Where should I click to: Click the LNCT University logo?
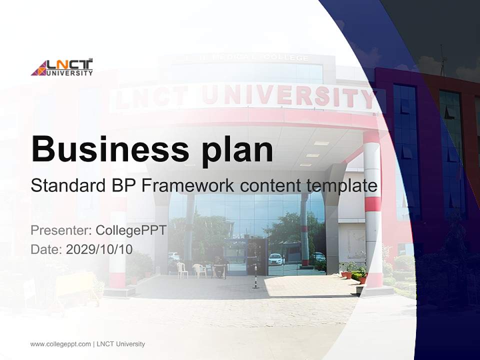pyautogui.click(x=62, y=67)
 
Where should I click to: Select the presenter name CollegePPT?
pyautogui.click(x=131, y=230)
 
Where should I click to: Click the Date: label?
pyautogui.click(x=46, y=249)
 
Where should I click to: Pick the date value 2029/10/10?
pyautogui.click(x=99, y=249)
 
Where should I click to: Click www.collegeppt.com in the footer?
pyautogui.click(x=60, y=344)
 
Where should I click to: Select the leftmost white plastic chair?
pyautogui.click(x=182, y=270)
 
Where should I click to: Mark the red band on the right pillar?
pyautogui.click(x=372, y=203)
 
